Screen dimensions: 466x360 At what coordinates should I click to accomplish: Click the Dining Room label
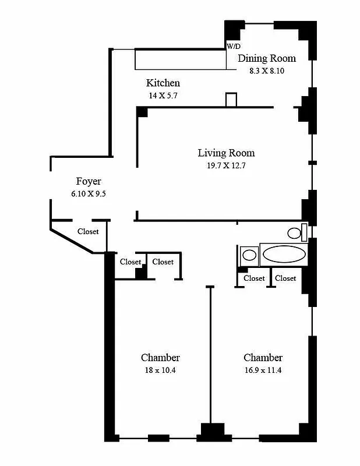point(266,58)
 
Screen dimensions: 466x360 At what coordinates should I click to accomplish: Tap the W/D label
point(233,46)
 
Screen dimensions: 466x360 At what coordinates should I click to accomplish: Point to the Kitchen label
point(163,83)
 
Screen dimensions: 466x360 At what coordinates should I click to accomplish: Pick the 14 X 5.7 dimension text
point(163,95)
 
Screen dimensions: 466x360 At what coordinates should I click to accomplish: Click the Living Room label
point(226,153)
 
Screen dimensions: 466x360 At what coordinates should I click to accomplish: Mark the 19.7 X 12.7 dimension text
point(226,165)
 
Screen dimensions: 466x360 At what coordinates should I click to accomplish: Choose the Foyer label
point(89,181)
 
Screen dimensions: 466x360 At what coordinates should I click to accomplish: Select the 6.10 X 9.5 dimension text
point(89,193)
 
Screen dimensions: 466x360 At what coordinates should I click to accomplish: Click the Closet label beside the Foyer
point(88,231)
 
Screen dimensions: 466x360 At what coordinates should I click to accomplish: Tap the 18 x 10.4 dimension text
point(160,370)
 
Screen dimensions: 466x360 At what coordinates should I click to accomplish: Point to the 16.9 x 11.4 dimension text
point(263,370)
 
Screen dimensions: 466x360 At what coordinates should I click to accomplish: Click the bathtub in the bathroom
point(283,254)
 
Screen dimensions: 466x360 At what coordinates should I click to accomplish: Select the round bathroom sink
point(249,255)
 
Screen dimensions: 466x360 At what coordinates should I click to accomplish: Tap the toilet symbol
point(295,234)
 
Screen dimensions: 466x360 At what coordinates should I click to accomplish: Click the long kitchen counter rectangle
point(181,59)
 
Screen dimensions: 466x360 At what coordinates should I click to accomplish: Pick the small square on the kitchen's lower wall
point(231,100)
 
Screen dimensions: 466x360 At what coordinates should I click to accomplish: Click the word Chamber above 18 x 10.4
point(160,358)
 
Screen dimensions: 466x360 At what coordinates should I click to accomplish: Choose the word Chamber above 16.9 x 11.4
point(263,358)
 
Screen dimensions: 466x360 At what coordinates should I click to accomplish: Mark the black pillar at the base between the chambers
point(212,433)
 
